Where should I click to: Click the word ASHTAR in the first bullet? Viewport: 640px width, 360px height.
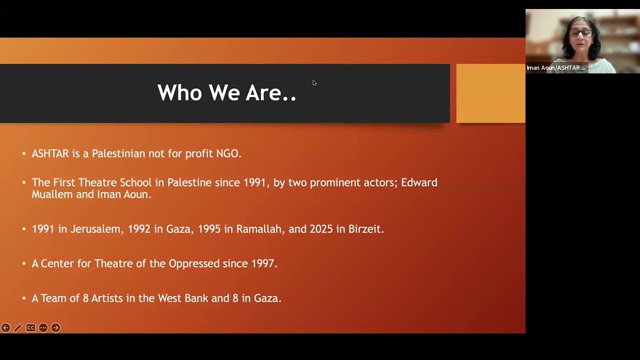click(50, 153)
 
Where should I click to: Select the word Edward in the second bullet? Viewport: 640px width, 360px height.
click(419, 182)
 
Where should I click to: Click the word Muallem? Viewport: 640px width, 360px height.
click(52, 194)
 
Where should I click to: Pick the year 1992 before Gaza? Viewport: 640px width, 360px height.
click(139, 229)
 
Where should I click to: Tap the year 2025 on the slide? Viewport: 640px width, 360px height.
click(321, 229)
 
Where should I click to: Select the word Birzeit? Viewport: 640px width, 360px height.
click(366, 229)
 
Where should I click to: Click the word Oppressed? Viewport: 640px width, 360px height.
click(194, 263)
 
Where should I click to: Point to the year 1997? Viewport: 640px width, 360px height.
click(264, 263)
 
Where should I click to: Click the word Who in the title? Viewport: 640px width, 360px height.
click(179, 92)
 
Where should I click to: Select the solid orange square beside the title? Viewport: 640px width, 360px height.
click(491, 93)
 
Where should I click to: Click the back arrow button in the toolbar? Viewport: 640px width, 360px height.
click(5, 327)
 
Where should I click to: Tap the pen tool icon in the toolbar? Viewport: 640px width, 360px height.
click(18, 327)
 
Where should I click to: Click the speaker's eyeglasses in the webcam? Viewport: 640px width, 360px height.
click(581, 33)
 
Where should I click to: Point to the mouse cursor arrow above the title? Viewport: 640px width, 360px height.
click(314, 83)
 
